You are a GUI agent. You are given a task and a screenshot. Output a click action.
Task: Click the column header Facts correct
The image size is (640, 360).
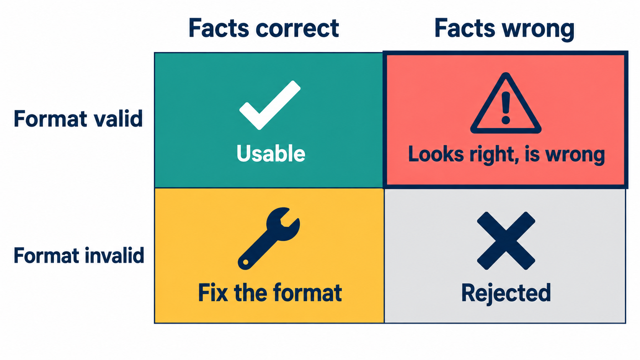(263, 28)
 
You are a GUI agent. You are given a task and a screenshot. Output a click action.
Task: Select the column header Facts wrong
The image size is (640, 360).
(504, 29)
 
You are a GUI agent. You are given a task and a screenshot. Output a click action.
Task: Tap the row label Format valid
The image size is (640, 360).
(78, 119)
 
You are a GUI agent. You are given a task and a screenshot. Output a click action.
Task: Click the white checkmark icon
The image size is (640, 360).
(270, 105)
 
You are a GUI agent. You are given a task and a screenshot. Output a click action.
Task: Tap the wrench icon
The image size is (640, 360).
(269, 238)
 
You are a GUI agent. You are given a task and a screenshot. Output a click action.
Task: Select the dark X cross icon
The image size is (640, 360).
(506, 241)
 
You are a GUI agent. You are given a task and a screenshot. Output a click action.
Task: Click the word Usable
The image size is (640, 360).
(271, 153)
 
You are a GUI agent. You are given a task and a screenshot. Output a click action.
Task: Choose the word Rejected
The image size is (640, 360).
(506, 293)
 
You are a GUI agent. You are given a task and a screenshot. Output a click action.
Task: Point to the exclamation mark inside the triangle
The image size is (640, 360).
(506, 108)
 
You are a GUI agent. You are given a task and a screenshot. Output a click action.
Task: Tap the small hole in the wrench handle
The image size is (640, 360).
(245, 262)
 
